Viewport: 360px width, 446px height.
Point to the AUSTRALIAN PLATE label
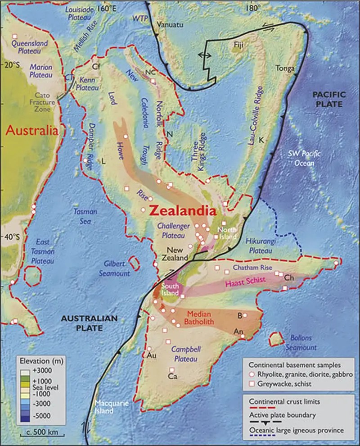coord(90,323)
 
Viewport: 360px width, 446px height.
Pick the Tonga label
coord(285,68)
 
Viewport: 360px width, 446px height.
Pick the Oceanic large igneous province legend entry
coord(297,431)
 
